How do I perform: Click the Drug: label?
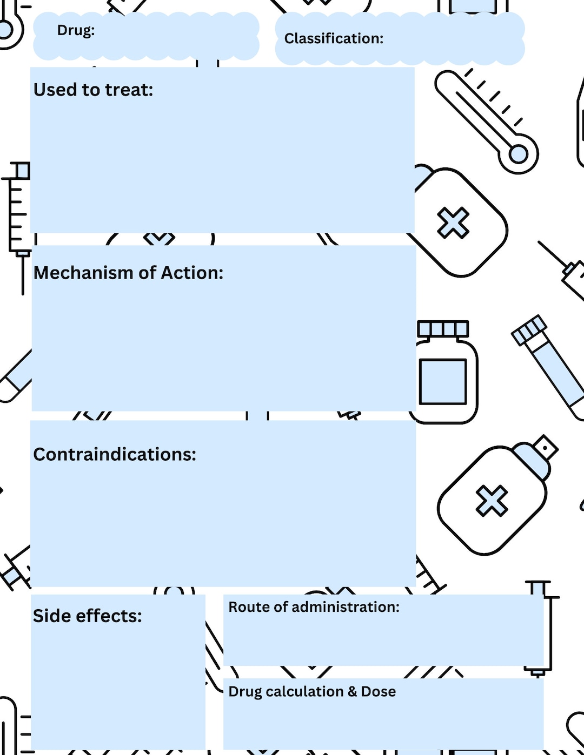pyautogui.click(x=76, y=30)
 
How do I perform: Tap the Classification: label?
pyautogui.click(x=334, y=39)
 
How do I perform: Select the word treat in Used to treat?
pyautogui.click(x=129, y=90)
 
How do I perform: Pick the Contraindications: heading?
pyautogui.click(x=115, y=454)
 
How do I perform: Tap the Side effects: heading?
pyautogui.click(x=87, y=616)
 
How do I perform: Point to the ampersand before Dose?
pyautogui.click(x=352, y=692)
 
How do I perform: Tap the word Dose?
pyautogui.click(x=379, y=692)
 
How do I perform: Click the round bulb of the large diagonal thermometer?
pyautogui.click(x=519, y=154)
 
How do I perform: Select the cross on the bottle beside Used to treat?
pyautogui.click(x=453, y=223)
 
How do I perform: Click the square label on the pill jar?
pyautogui.click(x=443, y=381)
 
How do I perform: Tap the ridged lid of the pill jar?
pyautogui.click(x=443, y=329)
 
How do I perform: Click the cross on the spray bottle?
pyautogui.click(x=492, y=501)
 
